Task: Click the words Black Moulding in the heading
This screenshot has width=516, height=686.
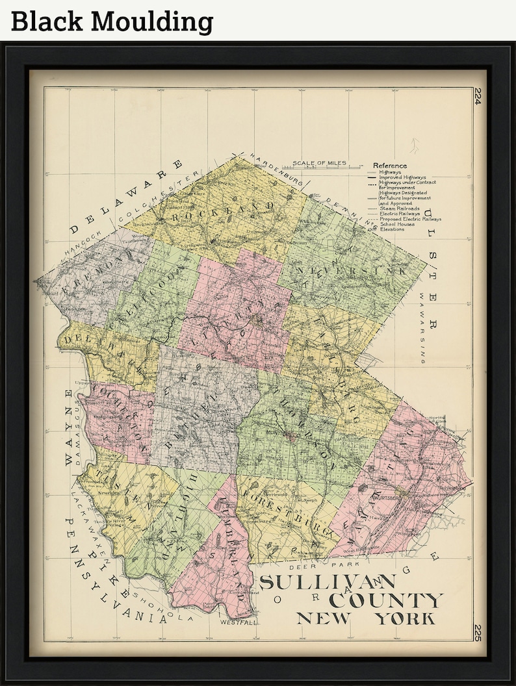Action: pos(112,21)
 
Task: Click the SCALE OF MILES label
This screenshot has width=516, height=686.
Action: pos(318,163)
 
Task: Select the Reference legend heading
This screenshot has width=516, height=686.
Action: pos(390,166)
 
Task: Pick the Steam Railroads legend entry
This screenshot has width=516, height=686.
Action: pos(399,208)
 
